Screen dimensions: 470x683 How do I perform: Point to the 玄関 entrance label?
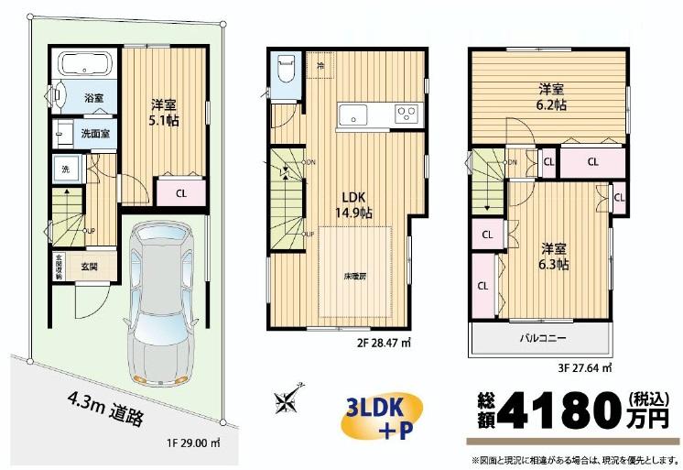(90, 267)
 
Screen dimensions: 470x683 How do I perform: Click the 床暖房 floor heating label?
(356, 274)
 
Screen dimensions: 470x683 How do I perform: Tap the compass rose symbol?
(287, 400)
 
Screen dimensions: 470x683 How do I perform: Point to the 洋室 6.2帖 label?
(551, 96)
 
